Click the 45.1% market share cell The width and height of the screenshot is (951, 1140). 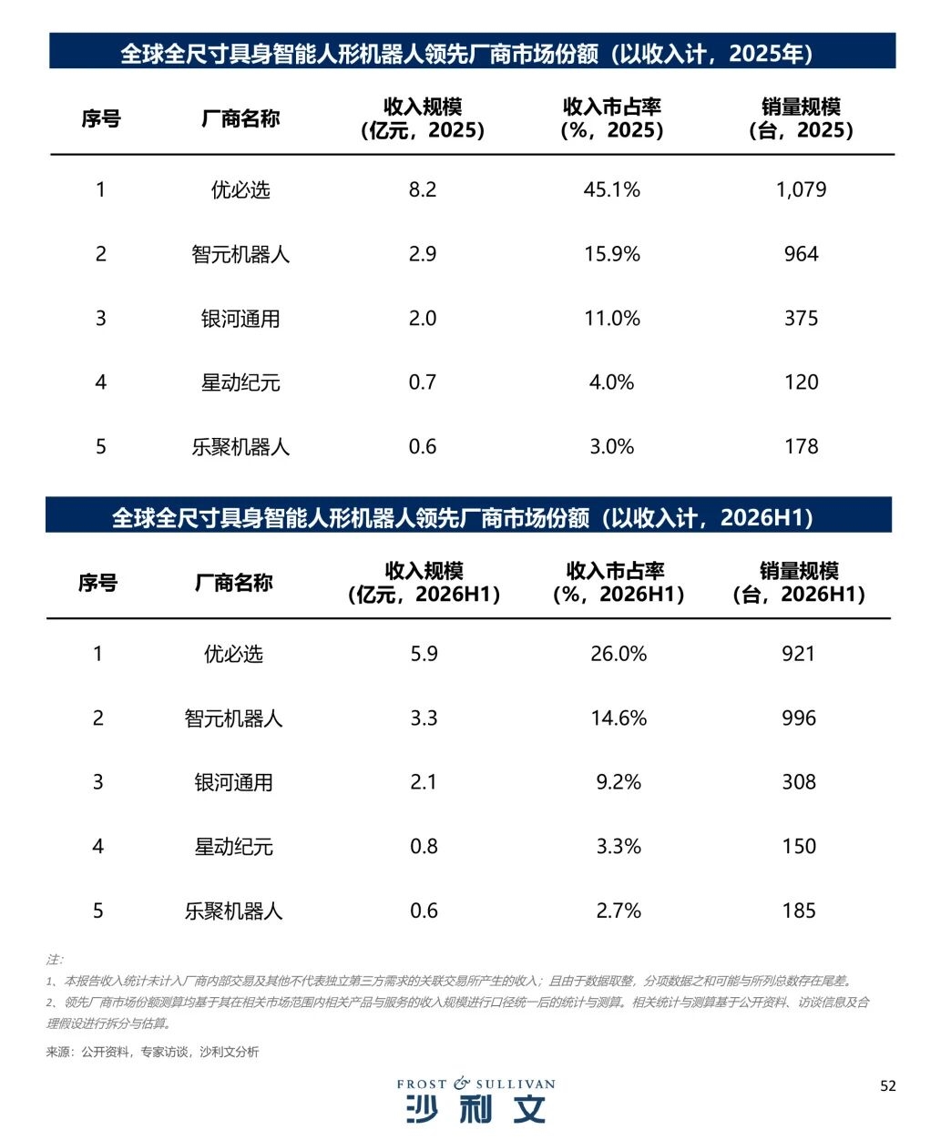click(611, 189)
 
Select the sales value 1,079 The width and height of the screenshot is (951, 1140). click(801, 189)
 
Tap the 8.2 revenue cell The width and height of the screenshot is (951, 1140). click(423, 189)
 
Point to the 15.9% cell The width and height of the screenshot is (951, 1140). click(611, 254)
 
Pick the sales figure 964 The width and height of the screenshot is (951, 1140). click(801, 254)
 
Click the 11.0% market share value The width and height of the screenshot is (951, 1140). click(611, 318)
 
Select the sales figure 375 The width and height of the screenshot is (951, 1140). click(801, 318)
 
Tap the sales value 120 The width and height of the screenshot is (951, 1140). click(801, 382)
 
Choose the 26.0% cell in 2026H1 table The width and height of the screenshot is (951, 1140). click(619, 654)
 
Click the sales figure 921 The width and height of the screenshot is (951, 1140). click(798, 654)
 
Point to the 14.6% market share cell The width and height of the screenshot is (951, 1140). click(619, 718)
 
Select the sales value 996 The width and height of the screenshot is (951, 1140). click(799, 718)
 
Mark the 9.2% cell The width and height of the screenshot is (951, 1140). click(619, 782)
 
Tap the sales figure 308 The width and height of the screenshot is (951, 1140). click(799, 782)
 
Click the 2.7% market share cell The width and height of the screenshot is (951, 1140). click(619, 911)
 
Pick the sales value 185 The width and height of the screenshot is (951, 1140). click(799, 911)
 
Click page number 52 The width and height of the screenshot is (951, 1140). click(888, 1086)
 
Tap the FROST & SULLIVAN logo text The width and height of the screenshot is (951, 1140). click(475, 1084)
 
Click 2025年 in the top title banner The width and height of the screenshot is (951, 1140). click(766, 54)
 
